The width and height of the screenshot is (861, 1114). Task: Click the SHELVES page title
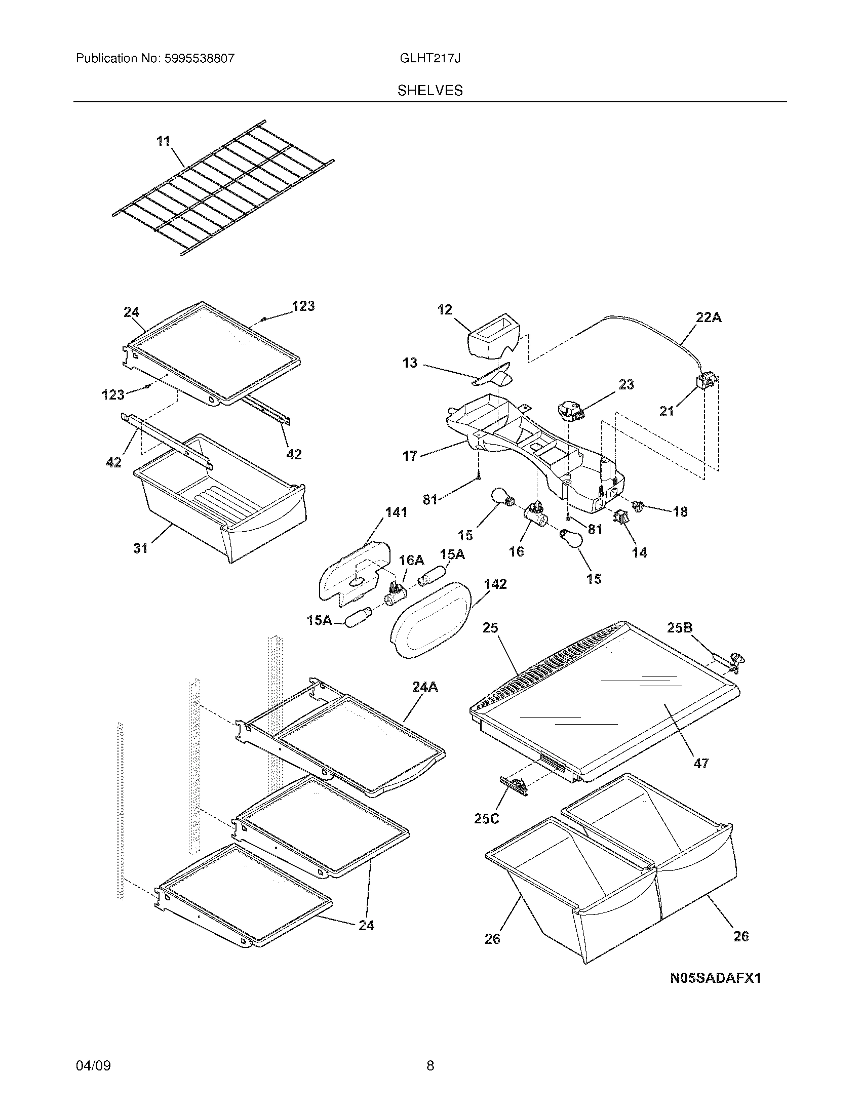430,91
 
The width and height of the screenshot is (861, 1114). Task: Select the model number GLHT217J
430,58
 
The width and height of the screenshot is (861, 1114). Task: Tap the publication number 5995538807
199,58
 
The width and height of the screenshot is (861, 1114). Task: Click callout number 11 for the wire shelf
163,141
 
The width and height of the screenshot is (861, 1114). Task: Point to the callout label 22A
709,317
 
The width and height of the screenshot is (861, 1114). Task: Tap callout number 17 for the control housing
410,456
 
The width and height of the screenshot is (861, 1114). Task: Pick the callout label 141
397,512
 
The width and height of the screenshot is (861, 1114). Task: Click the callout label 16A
411,560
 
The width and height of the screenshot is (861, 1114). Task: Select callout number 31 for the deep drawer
141,548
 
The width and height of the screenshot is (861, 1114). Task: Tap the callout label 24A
425,687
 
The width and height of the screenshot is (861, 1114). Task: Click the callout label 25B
679,628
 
